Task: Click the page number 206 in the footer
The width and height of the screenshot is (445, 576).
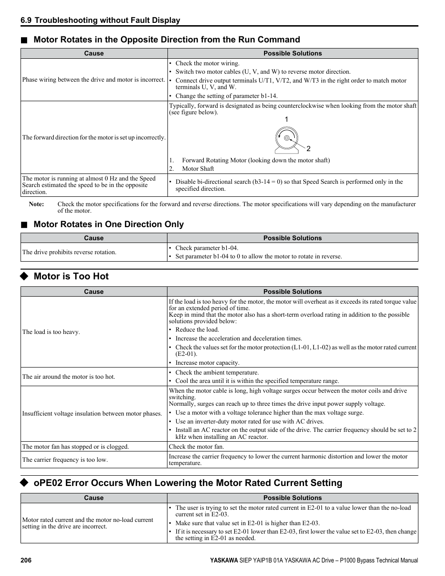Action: (26, 561)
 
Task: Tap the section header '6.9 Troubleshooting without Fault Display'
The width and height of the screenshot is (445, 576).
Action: (100, 20)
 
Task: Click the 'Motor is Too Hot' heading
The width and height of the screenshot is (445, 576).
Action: (71, 276)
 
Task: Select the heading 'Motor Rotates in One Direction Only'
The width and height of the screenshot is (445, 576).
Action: (108, 224)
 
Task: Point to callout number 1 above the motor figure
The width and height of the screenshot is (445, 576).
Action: (286, 120)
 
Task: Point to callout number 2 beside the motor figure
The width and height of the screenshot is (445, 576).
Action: (308, 149)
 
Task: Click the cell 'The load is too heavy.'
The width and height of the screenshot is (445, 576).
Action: (51, 332)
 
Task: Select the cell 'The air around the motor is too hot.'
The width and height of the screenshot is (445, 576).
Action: (69, 377)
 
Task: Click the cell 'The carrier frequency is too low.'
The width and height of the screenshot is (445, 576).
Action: (65, 460)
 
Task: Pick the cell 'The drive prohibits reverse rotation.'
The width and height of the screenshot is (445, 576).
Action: (69, 252)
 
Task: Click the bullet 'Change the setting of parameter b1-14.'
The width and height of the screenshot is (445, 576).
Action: (226, 96)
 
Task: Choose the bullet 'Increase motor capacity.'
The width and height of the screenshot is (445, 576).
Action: (207, 363)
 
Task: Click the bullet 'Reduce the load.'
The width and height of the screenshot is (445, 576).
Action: (197, 330)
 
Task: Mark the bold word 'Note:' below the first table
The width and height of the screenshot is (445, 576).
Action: (36, 204)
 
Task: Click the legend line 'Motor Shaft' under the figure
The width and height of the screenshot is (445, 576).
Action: (198, 169)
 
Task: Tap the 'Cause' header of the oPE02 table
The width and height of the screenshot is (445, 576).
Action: (94, 498)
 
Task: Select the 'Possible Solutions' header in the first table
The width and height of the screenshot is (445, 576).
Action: (292, 54)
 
